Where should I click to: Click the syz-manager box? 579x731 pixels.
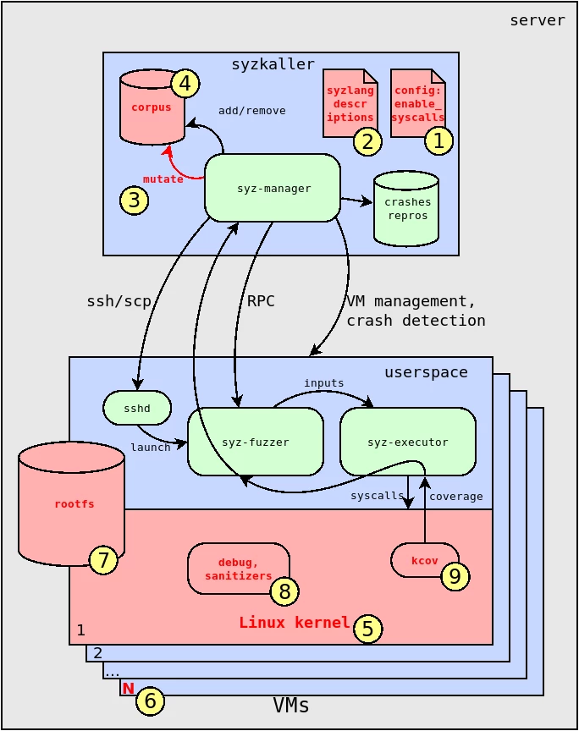tap(273, 188)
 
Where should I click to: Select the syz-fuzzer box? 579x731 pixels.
tap(256, 442)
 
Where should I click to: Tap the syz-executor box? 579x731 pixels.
tap(408, 442)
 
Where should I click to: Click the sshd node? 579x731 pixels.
tap(137, 408)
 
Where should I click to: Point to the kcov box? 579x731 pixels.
tap(424, 560)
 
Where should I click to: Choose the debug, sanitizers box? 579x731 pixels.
tap(238, 569)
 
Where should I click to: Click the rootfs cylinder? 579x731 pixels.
tap(72, 504)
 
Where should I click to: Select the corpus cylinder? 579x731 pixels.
tap(152, 108)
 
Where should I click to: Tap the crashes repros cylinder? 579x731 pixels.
tap(406, 209)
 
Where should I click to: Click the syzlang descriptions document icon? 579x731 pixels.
tap(350, 103)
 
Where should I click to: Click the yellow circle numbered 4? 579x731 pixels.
tap(185, 84)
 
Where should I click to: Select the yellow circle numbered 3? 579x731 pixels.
tap(134, 200)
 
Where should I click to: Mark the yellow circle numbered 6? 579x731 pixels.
tap(150, 701)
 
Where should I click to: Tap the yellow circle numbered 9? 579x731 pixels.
tap(455, 576)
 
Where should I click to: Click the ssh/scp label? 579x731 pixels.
tap(119, 301)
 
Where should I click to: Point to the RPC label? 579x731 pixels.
tap(261, 301)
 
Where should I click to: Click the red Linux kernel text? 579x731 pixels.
tap(294, 623)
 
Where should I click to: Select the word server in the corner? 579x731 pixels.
tap(537, 20)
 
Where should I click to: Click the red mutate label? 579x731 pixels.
tap(163, 179)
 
